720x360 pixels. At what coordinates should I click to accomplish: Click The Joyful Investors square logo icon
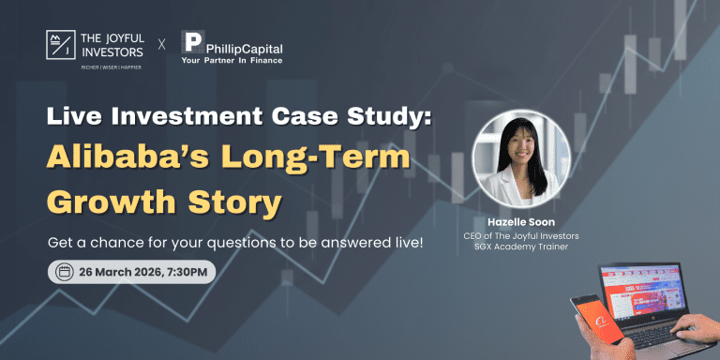click(x=61, y=43)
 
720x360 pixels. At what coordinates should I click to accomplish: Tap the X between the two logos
click(x=161, y=43)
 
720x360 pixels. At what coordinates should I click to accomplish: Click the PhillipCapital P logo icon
click(x=192, y=42)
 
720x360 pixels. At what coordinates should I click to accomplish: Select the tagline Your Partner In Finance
click(x=232, y=60)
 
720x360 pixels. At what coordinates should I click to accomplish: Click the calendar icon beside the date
click(x=65, y=273)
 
